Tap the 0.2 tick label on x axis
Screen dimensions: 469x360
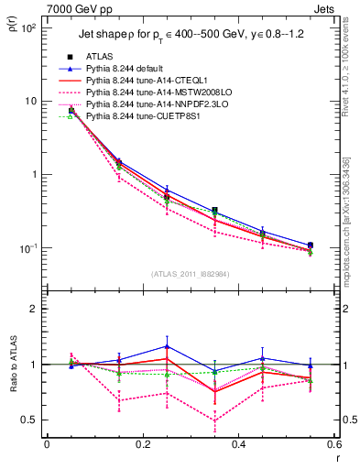point(142,444)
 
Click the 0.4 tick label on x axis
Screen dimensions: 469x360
point(237,444)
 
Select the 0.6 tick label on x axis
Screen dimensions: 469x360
point(332,444)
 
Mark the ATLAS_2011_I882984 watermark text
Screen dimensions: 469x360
point(183,273)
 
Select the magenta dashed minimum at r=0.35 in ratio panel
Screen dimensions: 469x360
point(214,420)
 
